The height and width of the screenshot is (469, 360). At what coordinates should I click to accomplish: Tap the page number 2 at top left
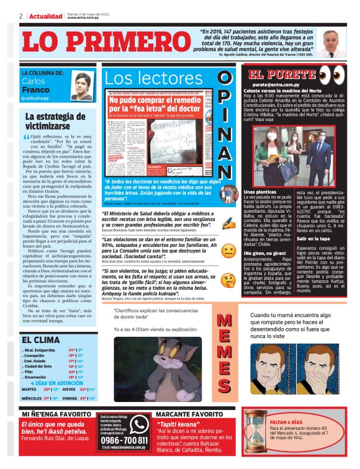(x=21, y=16)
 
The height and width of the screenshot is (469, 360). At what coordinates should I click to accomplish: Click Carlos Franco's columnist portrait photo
(x=81, y=86)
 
